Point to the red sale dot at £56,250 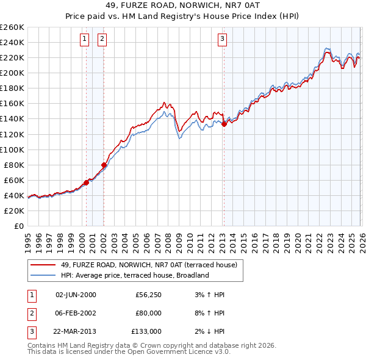pyautogui.click(x=86, y=182)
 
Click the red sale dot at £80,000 pyautogui.click(x=104, y=164)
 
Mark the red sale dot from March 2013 pyautogui.click(x=224, y=124)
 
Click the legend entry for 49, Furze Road pyautogui.click(x=152, y=265)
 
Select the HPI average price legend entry pyautogui.click(x=135, y=275)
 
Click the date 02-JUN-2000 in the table pyautogui.click(x=75, y=295)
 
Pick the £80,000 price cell pyautogui.click(x=148, y=313)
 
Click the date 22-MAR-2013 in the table pyautogui.click(x=75, y=331)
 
